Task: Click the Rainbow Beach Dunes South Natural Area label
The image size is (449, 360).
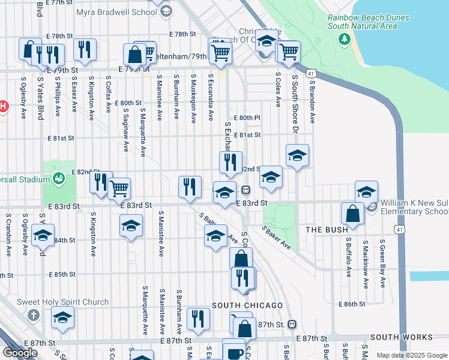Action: (x=369, y=22)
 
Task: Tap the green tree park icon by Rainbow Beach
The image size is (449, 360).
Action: (x=344, y=39)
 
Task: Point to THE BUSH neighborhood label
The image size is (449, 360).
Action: (x=327, y=230)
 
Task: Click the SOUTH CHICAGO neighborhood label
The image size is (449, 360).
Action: (x=247, y=305)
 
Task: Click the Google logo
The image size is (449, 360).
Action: (x=20, y=353)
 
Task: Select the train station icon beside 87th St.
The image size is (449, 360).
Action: (x=292, y=324)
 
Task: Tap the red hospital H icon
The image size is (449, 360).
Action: (x=2, y=107)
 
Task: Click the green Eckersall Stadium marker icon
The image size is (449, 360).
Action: (x=58, y=178)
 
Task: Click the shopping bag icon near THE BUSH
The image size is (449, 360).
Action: (x=353, y=214)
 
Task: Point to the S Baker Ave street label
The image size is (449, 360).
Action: (x=276, y=238)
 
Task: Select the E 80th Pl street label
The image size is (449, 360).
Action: (x=247, y=118)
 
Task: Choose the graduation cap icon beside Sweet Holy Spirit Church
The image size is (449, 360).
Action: (x=62, y=319)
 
